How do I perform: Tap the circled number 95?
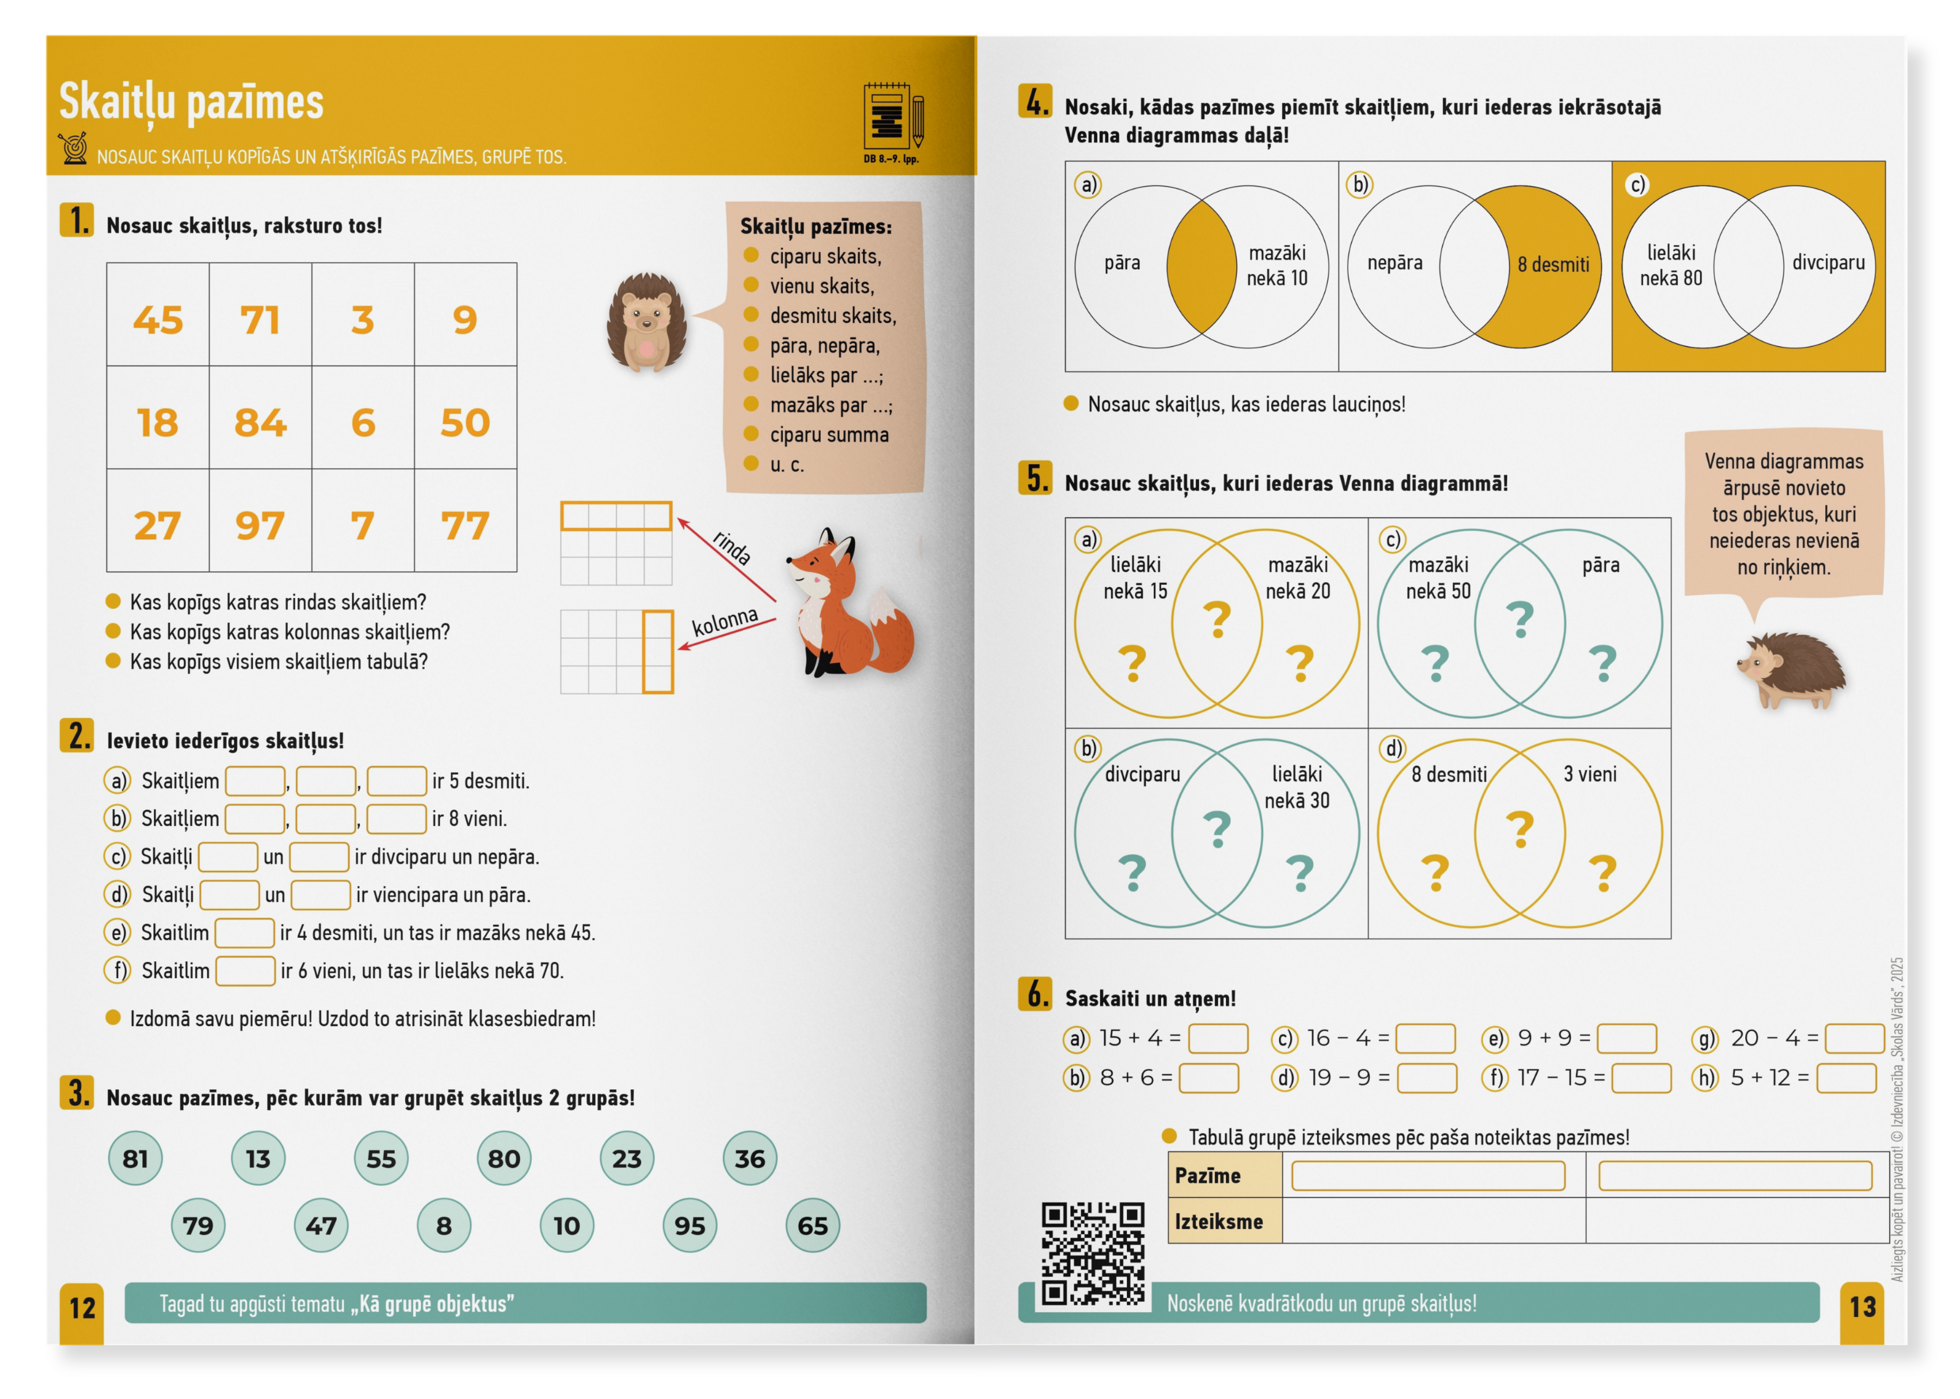point(689,1225)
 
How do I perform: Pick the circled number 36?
point(750,1159)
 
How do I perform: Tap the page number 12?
point(83,1308)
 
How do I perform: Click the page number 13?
point(1863,1308)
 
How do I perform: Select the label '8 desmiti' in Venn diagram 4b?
point(1553,264)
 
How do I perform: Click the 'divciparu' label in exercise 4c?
point(1828,263)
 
